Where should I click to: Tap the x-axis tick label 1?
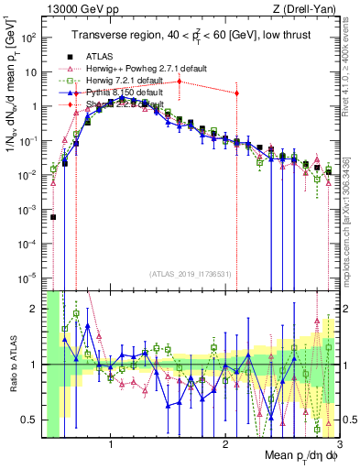pos(111,445)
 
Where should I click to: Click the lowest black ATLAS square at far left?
pos(53,217)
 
